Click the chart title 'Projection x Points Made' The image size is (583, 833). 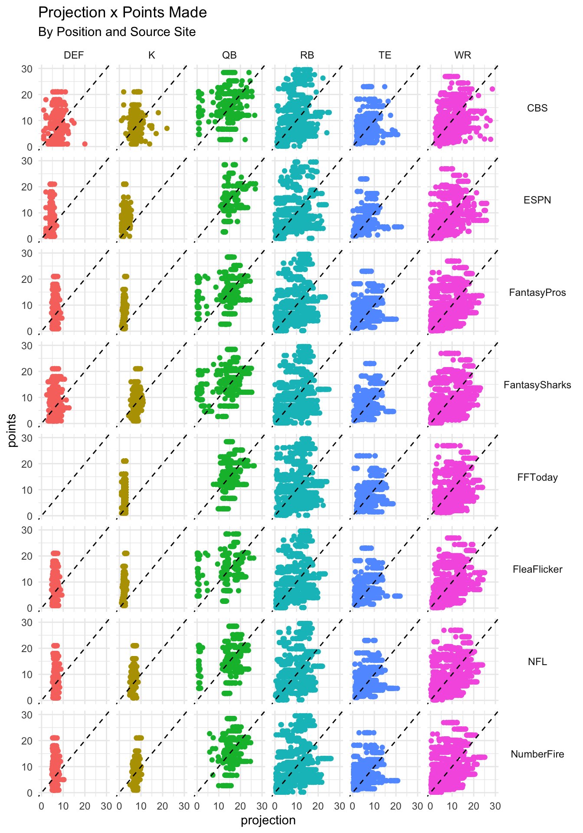(122, 13)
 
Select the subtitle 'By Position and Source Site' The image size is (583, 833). (117, 32)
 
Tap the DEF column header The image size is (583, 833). (74, 55)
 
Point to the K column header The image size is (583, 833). (151, 55)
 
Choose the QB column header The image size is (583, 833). (229, 55)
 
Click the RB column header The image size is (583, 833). (307, 55)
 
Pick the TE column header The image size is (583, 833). (385, 55)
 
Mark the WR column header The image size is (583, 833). (462, 55)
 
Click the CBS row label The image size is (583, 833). (537, 108)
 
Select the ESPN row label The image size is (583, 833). (537, 200)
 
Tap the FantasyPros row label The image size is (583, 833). (537, 292)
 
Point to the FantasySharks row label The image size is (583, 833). (537, 385)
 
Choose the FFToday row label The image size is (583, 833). (537, 477)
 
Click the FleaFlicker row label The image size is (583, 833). (537, 569)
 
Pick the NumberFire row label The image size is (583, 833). (537, 754)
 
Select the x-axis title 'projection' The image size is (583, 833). (268, 820)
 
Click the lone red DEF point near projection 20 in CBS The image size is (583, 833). (85, 144)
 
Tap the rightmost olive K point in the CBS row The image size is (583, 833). (167, 128)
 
